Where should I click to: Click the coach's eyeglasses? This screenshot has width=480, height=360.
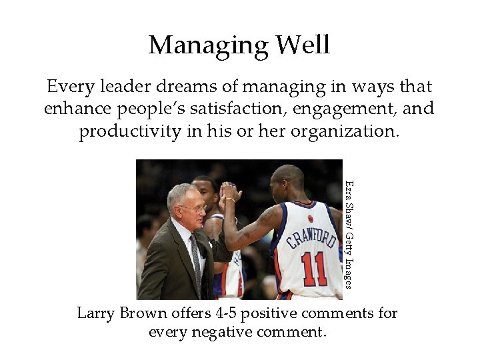click(191, 209)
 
